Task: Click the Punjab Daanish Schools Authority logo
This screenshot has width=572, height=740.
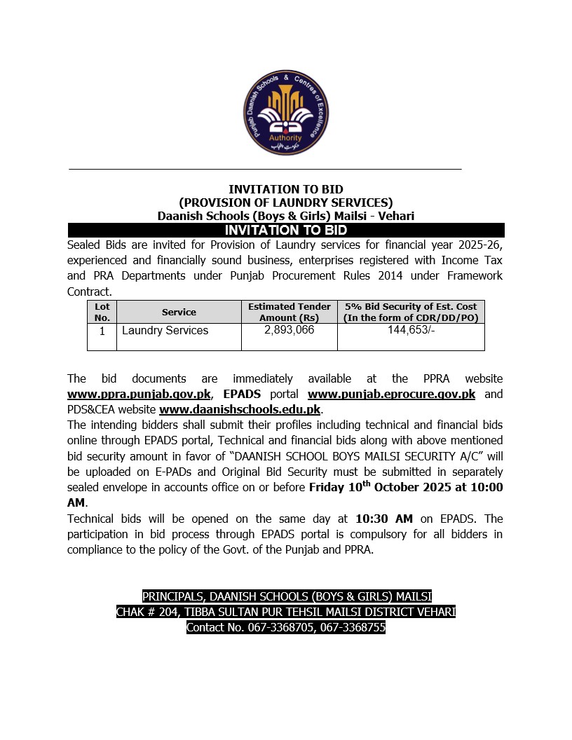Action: pyautogui.click(x=286, y=113)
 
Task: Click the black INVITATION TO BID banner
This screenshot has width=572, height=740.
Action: pyautogui.click(x=286, y=230)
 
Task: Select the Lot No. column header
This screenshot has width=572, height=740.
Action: pyautogui.click(x=102, y=312)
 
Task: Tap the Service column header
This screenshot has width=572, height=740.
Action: pyautogui.click(x=179, y=312)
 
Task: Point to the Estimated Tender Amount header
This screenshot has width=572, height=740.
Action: pyautogui.click(x=289, y=312)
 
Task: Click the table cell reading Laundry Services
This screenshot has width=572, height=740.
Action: pyautogui.click(x=165, y=330)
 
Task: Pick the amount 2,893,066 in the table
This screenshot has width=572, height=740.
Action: pyautogui.click(x=289, y=329)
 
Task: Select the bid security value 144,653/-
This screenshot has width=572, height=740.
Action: pyautogui.click(x=411, y=329)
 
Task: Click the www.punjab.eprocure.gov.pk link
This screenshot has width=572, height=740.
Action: pyautogui.click(x=391, y=395)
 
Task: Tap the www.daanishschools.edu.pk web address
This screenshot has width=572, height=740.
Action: pyautogui.click(x=240, y=409)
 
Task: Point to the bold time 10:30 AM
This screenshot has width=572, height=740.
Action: pyautogui.click(x=384, y=519)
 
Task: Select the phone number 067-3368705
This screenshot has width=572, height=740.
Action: pyautogui.click(x=280, y=628)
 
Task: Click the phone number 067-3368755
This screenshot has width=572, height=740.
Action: pyautogui.click(x=353, y=628)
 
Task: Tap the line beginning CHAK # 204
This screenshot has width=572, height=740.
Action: pyautogui.click(x=286, y=612)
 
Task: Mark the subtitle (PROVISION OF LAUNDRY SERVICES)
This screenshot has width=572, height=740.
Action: pyautogui.click(x=286, y=203)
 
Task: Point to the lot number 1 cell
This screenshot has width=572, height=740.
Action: pyautogui.click(x=102, y=331)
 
